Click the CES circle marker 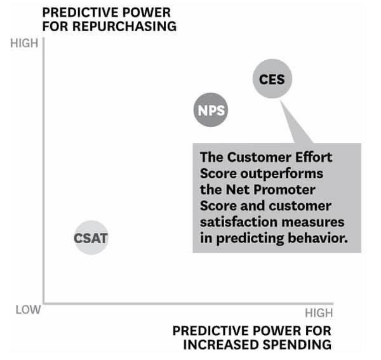272,79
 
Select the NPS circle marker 211,110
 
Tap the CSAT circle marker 91,237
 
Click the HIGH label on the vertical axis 24,43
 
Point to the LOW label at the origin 28,310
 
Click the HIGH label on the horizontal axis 319,312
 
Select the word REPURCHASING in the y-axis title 124,26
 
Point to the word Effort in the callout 314,157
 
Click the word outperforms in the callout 281,174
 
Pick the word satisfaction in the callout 239,222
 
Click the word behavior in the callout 318,238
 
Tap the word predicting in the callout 250,239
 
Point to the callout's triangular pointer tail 295,124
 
